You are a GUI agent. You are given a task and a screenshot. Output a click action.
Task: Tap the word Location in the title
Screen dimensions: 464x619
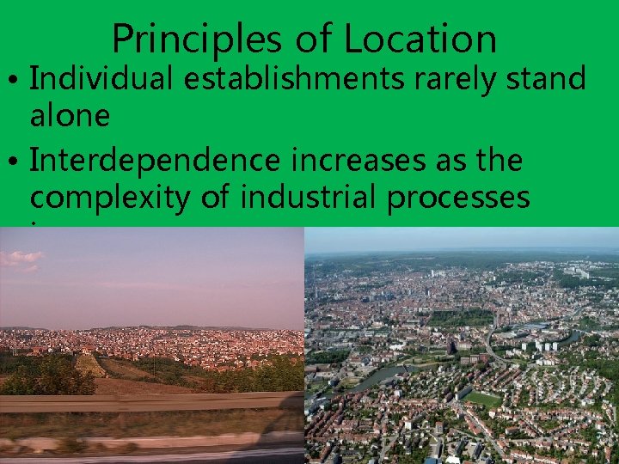point(420,40)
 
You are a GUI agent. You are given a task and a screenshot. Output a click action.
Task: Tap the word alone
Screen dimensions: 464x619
point(70,116)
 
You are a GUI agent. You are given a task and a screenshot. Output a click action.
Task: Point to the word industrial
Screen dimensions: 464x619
point(309,198)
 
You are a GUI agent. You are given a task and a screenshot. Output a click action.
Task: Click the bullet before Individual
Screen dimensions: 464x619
point(15,81)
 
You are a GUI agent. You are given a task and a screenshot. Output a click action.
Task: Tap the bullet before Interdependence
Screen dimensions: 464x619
point(15,162)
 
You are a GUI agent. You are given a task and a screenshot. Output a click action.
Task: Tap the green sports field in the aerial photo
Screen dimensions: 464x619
point(483,400)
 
